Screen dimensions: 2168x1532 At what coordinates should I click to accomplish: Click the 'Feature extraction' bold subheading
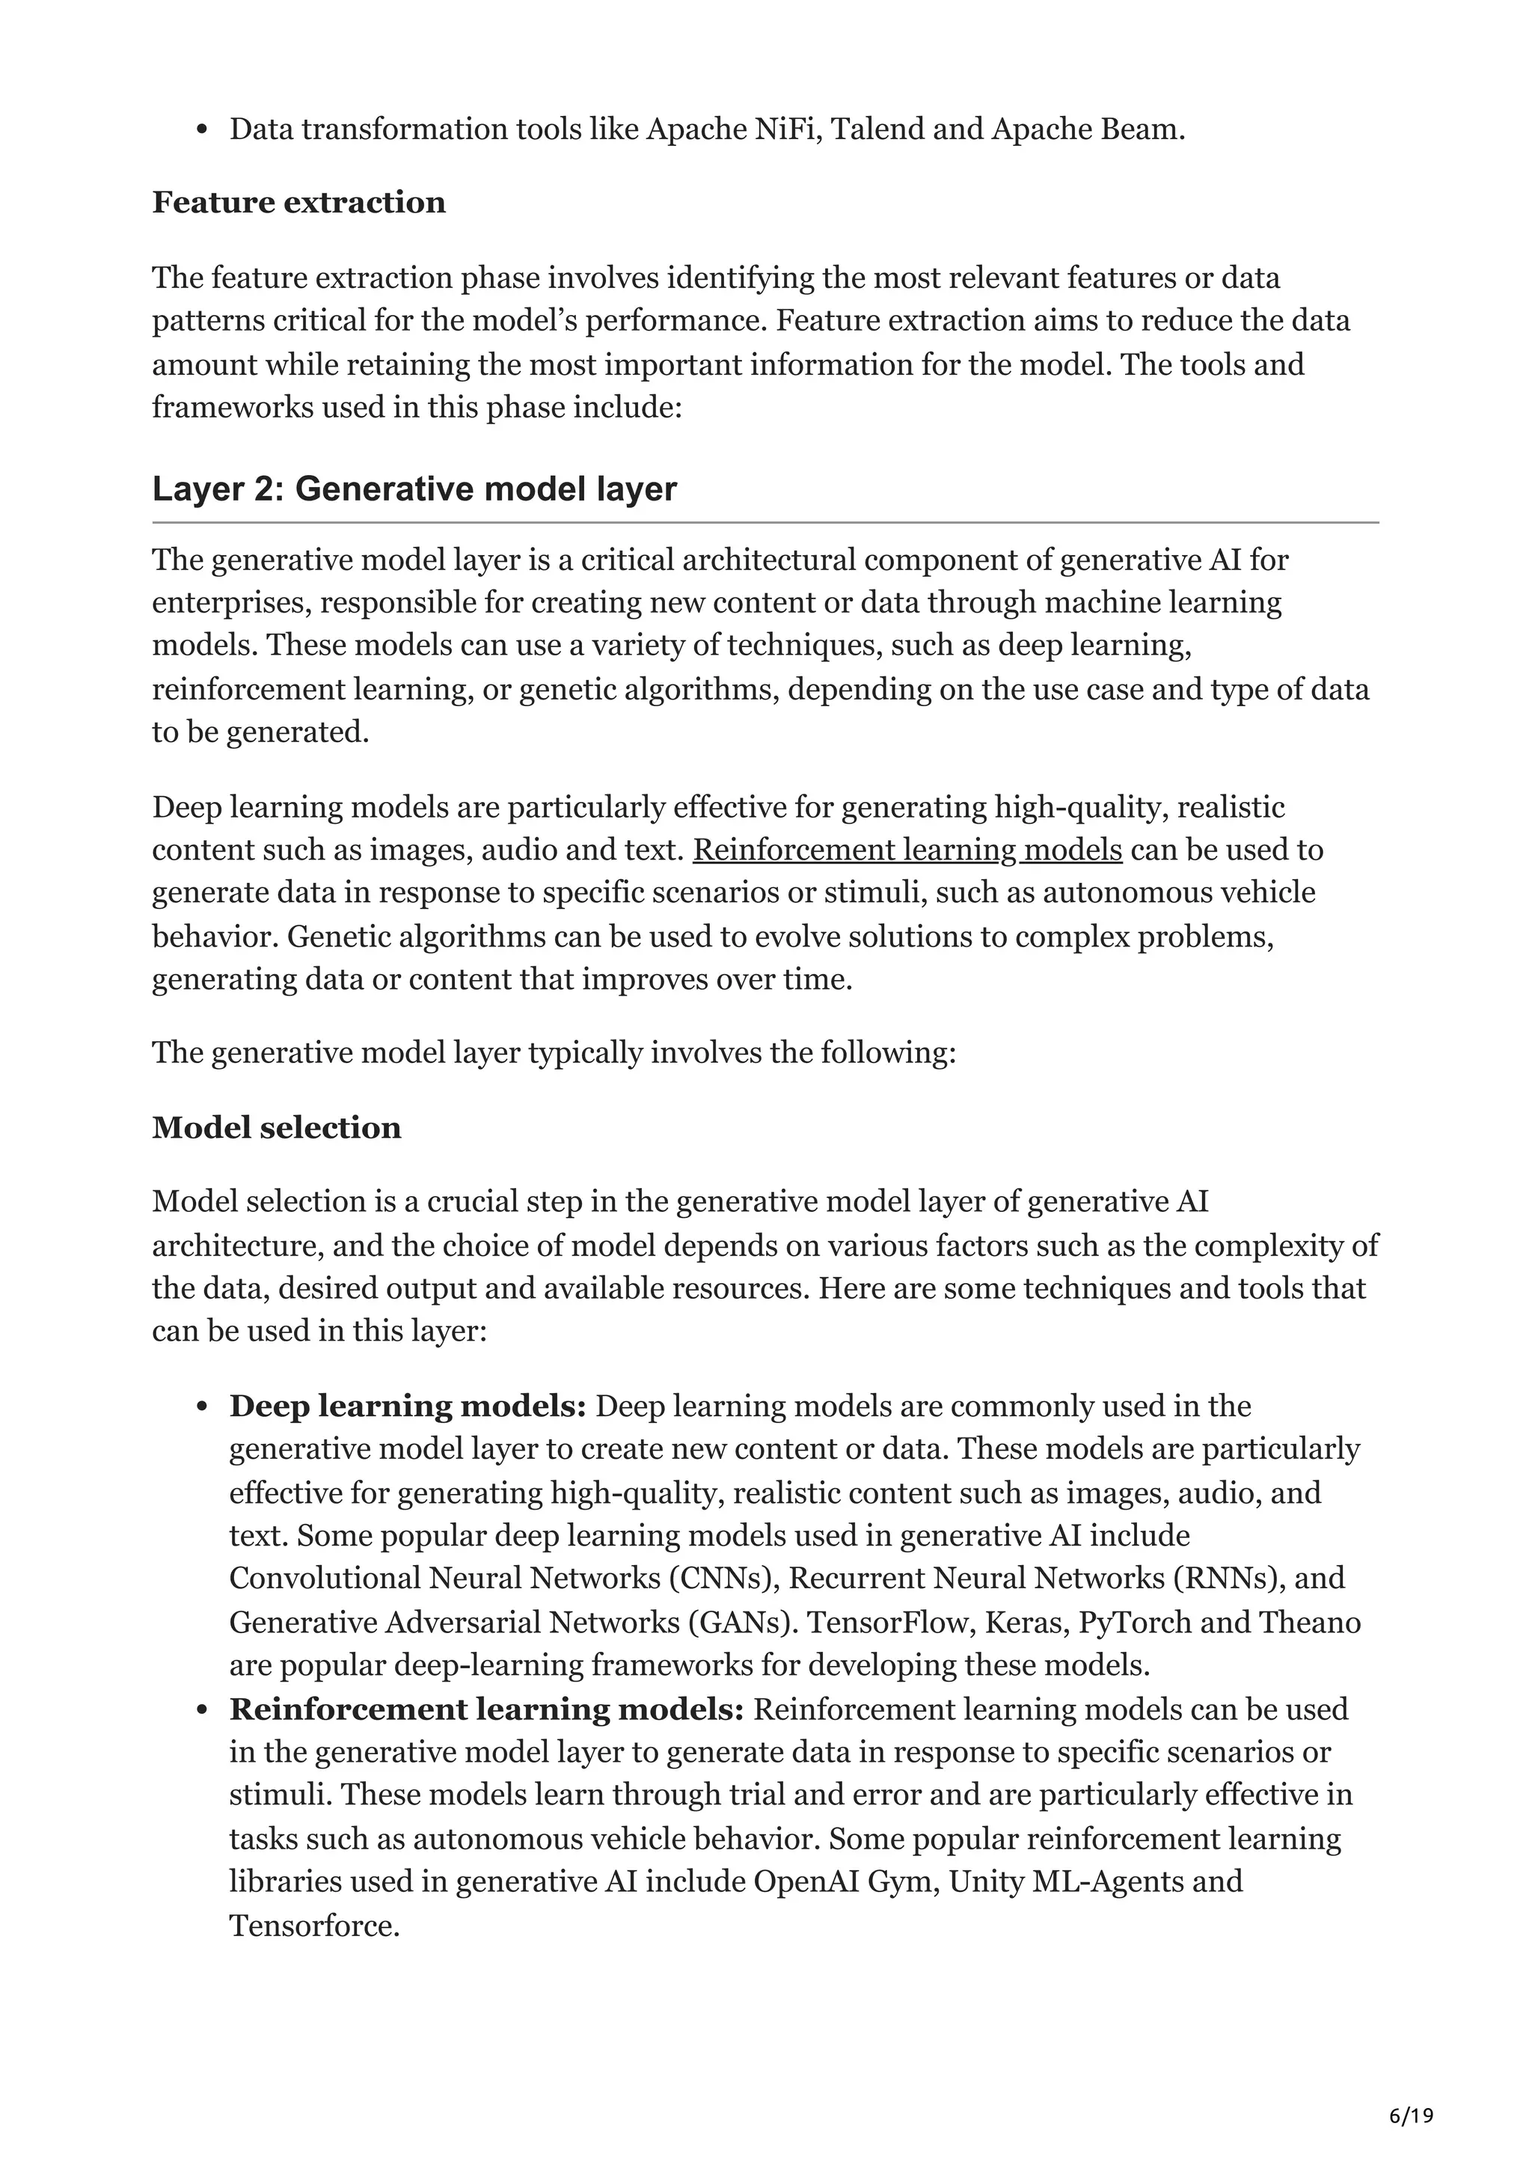pos(298,203)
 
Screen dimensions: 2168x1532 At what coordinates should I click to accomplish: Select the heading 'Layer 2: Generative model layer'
pos(414,489)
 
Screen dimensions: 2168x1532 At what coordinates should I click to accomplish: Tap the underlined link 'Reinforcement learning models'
pos(907,850)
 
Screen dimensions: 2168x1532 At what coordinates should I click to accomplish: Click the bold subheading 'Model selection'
pos(277,1127)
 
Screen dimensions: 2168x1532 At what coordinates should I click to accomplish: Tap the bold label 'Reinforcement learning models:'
pos(487,1709)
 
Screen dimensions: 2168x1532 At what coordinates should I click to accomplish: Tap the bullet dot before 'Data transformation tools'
pos(201,130)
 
